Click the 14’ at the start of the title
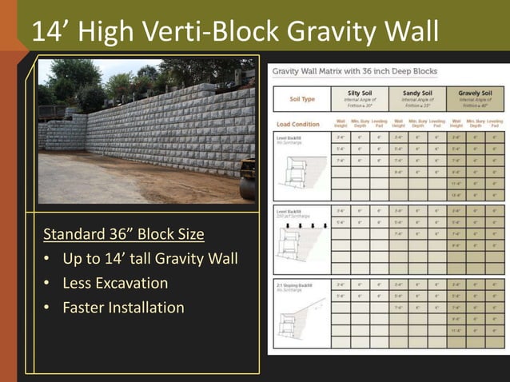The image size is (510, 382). tap(50, 31)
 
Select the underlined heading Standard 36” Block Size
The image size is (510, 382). tap(123, 235)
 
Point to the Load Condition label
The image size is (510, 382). tap(297, 125)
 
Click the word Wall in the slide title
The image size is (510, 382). tap(410, 31)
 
